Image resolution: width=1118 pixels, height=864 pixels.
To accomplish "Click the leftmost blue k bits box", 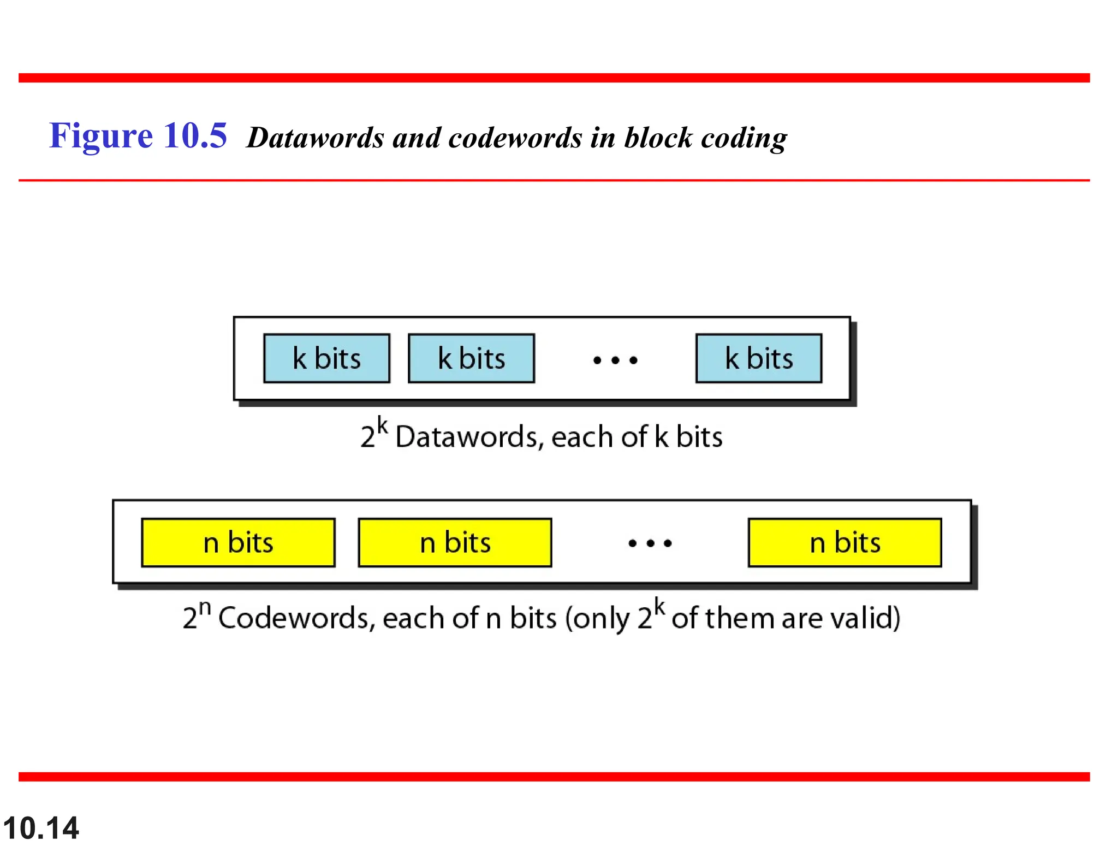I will pos(326,358).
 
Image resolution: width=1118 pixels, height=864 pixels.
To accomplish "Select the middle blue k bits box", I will pos(471,358).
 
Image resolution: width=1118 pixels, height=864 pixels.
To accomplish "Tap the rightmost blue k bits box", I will pos(758,358).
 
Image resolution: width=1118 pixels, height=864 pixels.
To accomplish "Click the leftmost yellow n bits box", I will pos(238,542).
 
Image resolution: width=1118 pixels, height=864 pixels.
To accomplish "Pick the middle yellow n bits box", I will pos(455,542).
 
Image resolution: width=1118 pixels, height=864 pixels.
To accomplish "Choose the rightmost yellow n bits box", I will pos(845,542).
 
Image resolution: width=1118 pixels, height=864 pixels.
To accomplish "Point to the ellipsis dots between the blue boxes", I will pos(615,360).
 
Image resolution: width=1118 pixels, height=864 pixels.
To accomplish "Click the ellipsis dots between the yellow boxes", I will pos(650,543).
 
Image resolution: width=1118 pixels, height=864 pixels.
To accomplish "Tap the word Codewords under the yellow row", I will pos(296,618).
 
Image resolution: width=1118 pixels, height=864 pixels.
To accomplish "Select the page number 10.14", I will pos(41,828).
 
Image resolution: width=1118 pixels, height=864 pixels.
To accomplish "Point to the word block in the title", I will pos(658,138).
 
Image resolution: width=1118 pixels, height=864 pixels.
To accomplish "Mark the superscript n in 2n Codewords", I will pos(205,607).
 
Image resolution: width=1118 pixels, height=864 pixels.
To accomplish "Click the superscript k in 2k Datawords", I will pos(382,425).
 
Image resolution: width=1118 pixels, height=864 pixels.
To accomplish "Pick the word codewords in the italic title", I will pos(515,138).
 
